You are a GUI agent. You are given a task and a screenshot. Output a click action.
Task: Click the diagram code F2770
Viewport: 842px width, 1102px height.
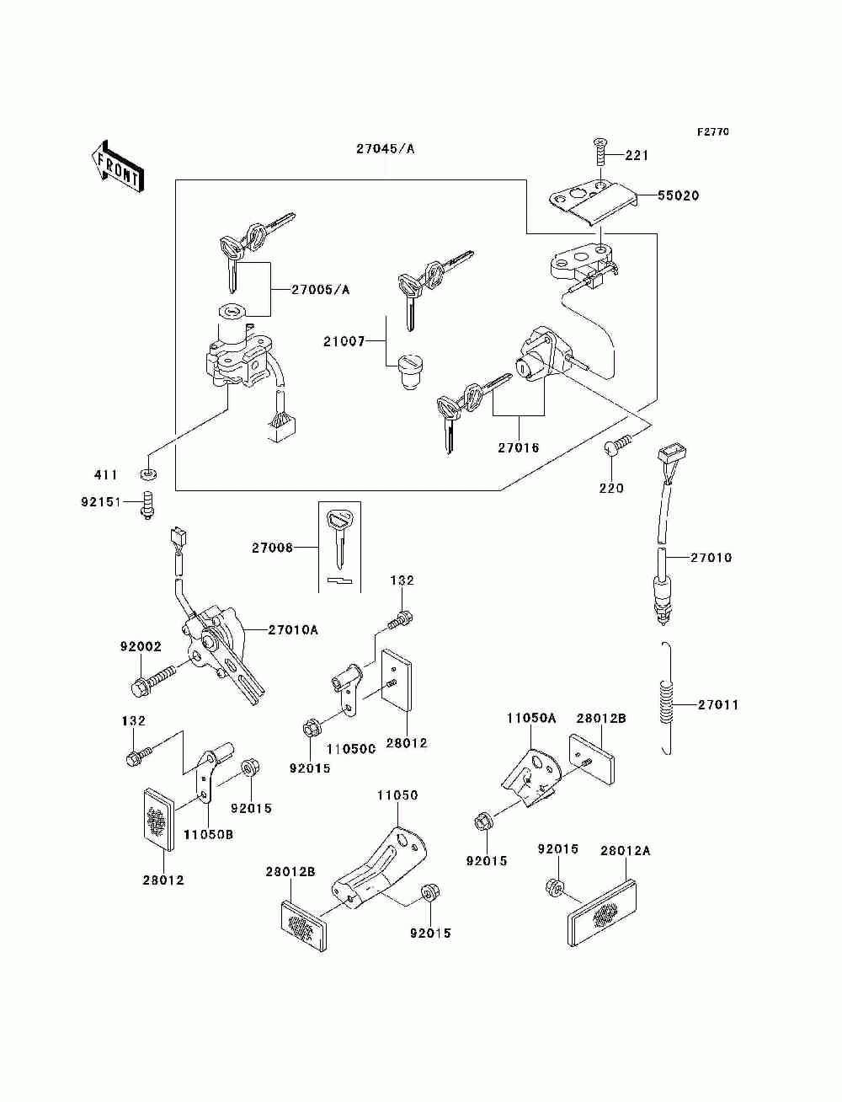pos(712,132)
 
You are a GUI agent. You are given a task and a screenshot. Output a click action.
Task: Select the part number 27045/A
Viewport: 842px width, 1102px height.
pos(386,149)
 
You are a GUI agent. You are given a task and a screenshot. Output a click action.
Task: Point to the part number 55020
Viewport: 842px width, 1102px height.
pos(678,195)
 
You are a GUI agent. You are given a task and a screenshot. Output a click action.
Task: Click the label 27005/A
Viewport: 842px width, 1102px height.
pos(320,290)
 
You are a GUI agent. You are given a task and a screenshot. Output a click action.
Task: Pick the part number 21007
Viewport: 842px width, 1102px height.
pos(344,342)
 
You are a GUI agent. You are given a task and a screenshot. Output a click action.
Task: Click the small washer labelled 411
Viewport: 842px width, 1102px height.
pos(149,473)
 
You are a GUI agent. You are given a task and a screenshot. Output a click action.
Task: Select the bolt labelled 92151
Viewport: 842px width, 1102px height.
pos(147,505)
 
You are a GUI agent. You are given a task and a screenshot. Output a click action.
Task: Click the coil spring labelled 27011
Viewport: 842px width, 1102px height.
pos(666,698)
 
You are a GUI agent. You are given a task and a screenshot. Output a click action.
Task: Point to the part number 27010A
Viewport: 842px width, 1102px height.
pos(293,629)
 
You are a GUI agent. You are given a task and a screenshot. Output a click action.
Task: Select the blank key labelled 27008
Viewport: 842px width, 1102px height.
pos(339,538)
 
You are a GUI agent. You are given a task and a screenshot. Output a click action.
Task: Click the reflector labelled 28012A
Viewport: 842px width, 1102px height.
pos(602,912)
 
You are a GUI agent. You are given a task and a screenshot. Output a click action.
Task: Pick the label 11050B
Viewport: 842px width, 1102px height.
pos(208,834)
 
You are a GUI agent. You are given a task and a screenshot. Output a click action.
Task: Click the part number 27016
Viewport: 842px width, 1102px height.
pos(519,447)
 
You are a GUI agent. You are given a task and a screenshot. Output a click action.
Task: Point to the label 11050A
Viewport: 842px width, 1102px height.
pos(531,719)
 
